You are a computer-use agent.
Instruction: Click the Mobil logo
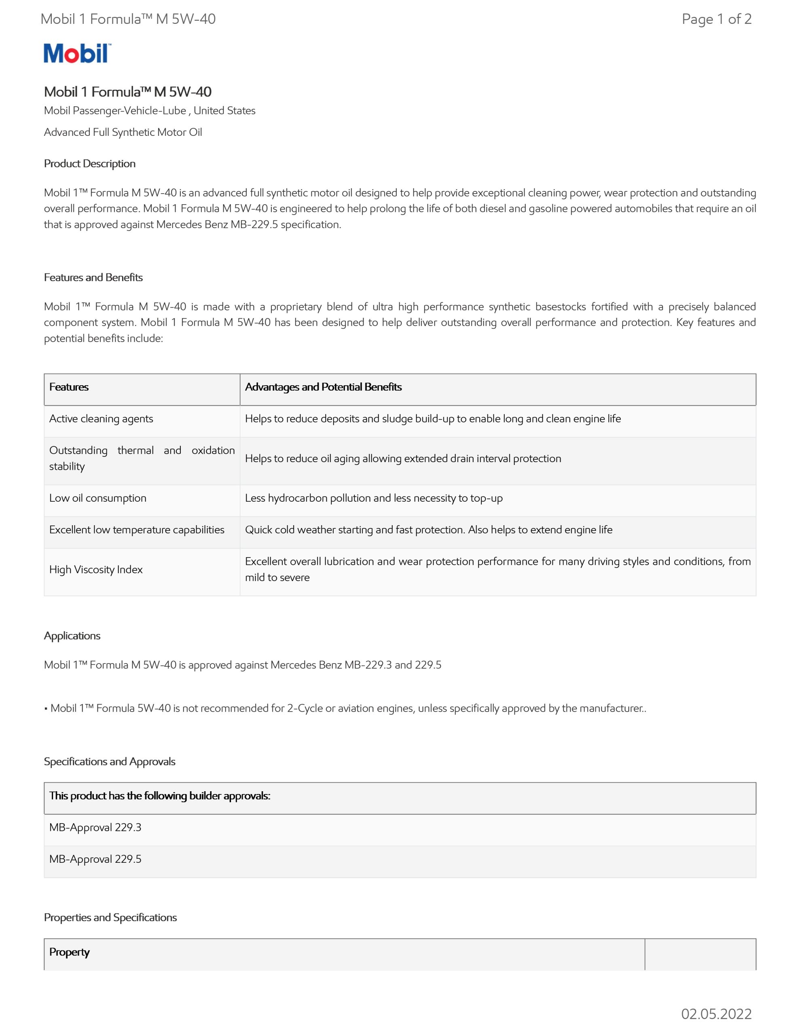77,53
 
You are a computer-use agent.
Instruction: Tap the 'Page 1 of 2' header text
716,19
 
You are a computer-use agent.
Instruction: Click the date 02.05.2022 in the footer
716,1014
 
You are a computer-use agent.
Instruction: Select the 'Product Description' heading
90,163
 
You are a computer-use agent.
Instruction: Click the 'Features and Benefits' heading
93,277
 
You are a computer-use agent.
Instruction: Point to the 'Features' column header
69,387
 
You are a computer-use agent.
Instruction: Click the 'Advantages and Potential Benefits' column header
323,387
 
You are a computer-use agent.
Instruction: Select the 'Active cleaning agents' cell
101,419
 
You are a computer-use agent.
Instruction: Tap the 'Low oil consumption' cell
98,498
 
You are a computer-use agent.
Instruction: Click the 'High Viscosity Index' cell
96,570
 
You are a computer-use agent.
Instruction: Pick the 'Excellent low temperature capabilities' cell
137,530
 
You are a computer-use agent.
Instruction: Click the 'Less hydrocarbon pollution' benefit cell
374,498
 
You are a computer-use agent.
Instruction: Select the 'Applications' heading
72,636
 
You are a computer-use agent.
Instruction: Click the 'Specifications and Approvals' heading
110,762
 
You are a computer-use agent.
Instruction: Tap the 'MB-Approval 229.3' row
95,828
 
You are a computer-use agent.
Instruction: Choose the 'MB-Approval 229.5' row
95,859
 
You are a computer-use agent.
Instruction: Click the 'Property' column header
70,952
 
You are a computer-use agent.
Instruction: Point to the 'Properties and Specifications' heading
110,917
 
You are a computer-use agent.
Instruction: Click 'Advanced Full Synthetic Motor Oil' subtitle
123,132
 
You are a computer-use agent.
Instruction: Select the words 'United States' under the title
224,110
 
